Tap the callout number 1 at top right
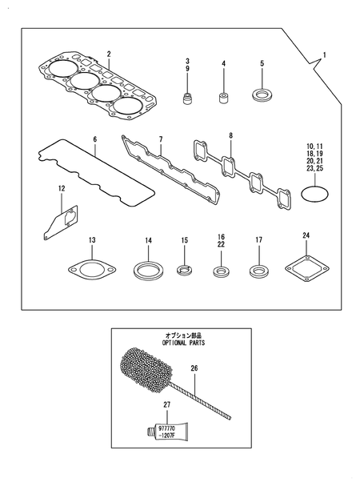[x=324, y=54]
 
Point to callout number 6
[x=94, y=139]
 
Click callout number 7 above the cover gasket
[x=159, y=139]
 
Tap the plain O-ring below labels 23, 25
[x=316, y=193]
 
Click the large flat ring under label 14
[x=148, y=268]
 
